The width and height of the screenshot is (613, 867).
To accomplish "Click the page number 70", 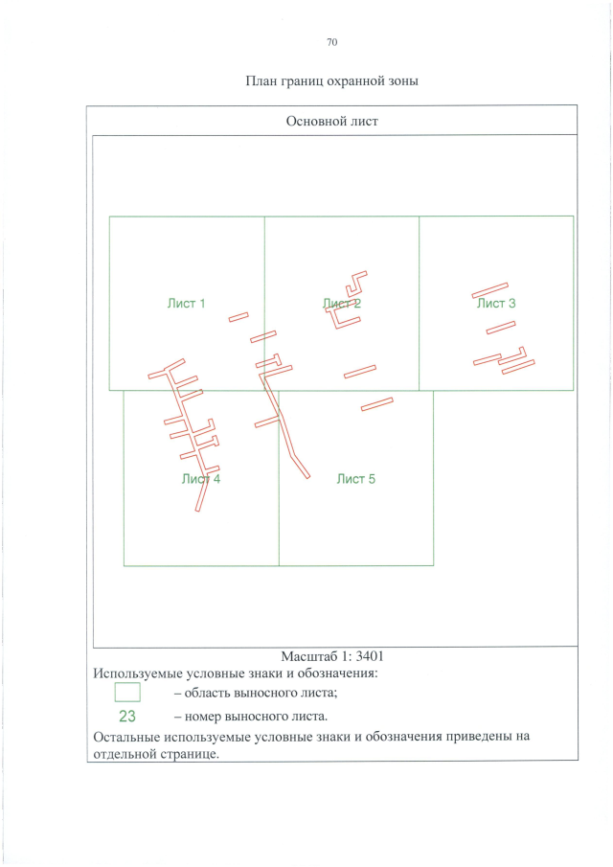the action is tap(331, 42).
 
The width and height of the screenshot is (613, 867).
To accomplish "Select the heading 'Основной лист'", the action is tap(331, 121).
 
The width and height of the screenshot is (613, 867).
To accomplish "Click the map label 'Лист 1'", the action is tap(186, 303).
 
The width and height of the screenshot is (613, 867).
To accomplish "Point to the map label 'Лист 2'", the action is tap(342, 303).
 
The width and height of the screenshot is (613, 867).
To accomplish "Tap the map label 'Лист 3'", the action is tap(496, 303).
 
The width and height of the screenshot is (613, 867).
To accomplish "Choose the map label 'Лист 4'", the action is tap(200, 479).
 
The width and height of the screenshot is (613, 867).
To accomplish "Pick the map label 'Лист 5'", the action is tap(356, 479).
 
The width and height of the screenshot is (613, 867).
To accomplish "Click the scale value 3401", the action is tap(370, 656).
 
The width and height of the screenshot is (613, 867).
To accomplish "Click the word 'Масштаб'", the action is tap(306, 656).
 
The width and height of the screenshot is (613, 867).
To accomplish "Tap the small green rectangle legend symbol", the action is tap(127, 693).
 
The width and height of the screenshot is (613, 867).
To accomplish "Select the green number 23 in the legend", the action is tap(127, 716).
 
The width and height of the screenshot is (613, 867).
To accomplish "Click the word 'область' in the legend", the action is tap(207, 693).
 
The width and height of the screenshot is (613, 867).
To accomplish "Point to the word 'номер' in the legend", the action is tap(203, 717).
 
